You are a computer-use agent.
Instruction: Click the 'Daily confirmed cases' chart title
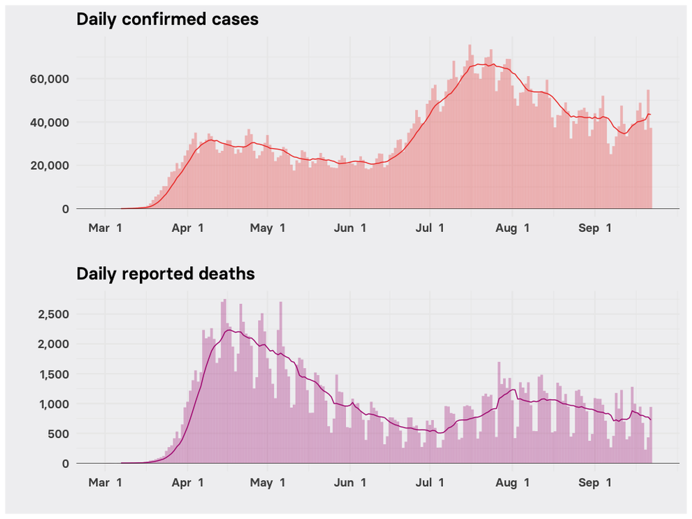tap(167, 20)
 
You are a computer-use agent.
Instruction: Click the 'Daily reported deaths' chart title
tap(165, 274)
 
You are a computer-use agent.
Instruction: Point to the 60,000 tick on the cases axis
tap(48, 79)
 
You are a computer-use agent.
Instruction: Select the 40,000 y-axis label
tap(48, 122)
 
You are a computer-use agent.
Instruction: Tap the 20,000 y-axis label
tap(48, 166)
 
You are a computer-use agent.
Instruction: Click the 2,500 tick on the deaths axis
tap(53, 314)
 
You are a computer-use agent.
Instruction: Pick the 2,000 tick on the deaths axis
tap(53, 344)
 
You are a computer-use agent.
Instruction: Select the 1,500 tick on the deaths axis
tap(53, 374)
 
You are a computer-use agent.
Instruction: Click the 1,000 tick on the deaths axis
tap(53, 404)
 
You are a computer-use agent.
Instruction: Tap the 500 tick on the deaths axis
tap(58, 434)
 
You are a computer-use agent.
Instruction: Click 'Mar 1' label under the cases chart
tap(106, 228)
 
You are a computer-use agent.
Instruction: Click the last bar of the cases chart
tap(651, 168)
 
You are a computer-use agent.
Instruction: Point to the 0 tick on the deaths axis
tap(65, 464)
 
